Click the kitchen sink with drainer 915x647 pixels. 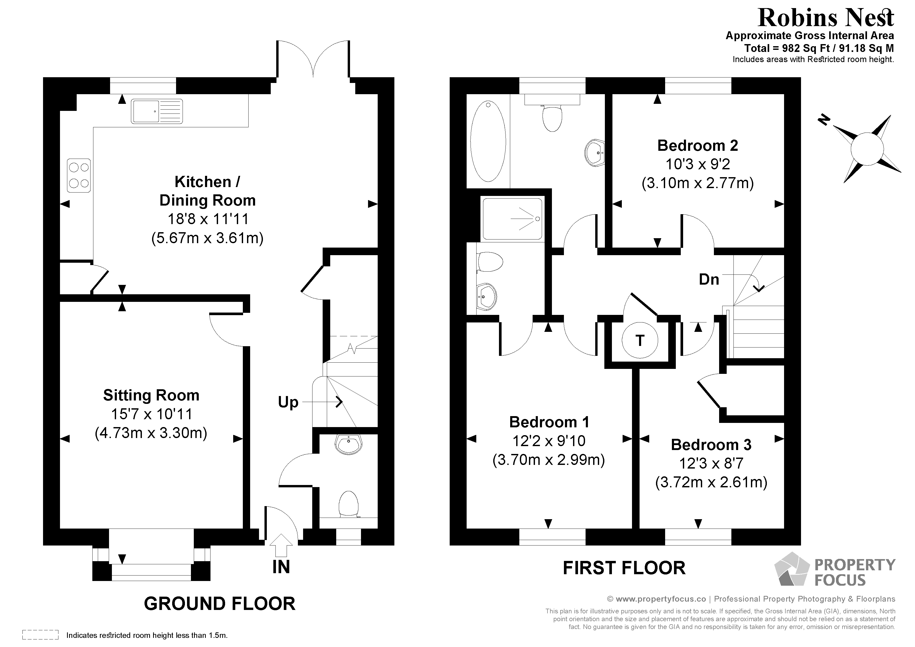(x=156, y=111)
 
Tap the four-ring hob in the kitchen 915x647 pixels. (x=79, y=176)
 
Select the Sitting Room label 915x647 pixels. (x=151, y=395)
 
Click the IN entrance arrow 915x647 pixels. (x=281, y=545)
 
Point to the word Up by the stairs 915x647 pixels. (x=288, y=402)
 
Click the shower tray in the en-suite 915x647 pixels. (x=513, y=219)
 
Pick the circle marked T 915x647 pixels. (x=640, y=340)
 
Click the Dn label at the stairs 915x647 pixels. (x=709, y=279)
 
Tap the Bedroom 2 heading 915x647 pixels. (x=697, y=146)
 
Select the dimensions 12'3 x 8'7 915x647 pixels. (x=711, y=463)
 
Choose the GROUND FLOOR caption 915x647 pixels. (x=220, y=603)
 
